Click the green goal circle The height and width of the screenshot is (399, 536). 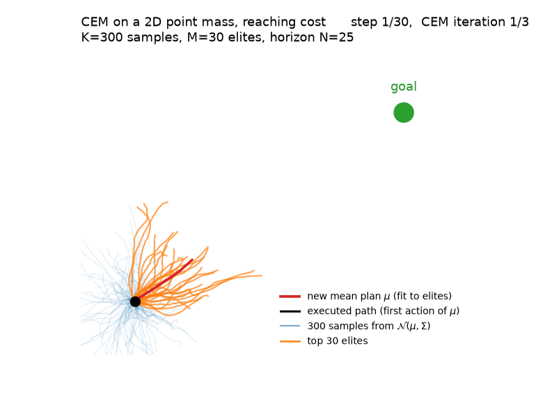pos(404,112)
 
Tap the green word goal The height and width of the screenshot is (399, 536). pos(404,86)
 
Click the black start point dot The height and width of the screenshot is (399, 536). pos(135,301)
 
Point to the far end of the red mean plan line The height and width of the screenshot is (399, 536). pos(192,259)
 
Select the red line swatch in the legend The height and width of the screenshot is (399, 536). pos(290,296)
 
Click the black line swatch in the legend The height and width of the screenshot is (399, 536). pos(290,311)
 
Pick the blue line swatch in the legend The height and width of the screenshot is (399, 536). pos(290,326)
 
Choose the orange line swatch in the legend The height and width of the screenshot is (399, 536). pos(290,341)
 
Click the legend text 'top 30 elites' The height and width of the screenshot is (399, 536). pos(338,341)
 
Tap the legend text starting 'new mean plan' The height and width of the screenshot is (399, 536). pos(379,296)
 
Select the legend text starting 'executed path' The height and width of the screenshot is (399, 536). pos(383,311)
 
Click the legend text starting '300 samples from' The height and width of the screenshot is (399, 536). pos(368,326)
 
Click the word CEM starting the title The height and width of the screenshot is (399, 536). pos(95,22)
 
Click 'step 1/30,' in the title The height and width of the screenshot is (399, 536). pos(381,22)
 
